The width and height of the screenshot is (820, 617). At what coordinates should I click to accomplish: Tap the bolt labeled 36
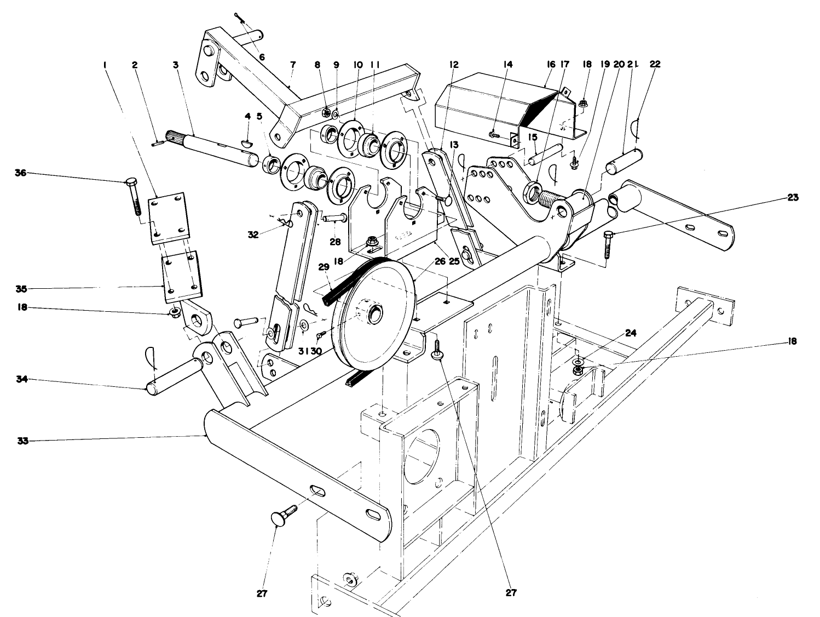[134, 195]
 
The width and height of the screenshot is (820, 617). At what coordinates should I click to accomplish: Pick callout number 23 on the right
[792, 198]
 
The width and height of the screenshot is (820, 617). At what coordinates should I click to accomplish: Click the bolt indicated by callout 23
[608, 244]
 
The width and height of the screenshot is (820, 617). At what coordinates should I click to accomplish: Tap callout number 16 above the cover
[551, 64]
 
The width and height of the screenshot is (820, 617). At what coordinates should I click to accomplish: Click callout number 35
[22, 288]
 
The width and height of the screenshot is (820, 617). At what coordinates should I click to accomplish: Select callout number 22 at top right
[655, 64]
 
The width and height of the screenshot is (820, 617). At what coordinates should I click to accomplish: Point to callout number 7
[293, 64]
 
